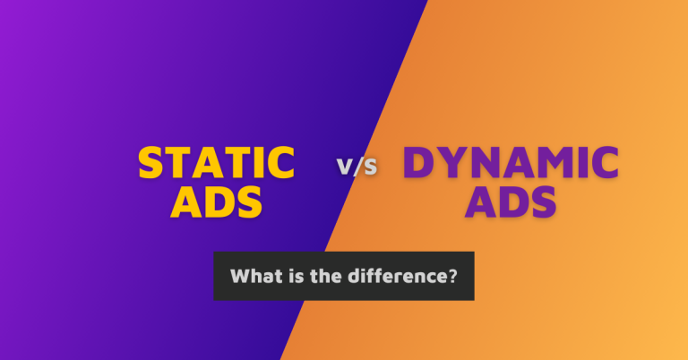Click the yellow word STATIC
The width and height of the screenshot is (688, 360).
tap(216, 164)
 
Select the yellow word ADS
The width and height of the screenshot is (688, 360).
tap(216, 201)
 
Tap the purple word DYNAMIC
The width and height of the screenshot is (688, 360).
tap(511, 163)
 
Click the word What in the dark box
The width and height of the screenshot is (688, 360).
tap(252, 276)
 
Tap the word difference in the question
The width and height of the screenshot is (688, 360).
tap(392, 276)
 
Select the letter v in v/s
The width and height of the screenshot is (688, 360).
tap(343, 167)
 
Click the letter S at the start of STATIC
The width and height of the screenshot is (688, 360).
tap(151, 164)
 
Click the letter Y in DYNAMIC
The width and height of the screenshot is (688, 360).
tap(450, 163)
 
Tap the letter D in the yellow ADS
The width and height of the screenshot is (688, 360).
tap(216, 201)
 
